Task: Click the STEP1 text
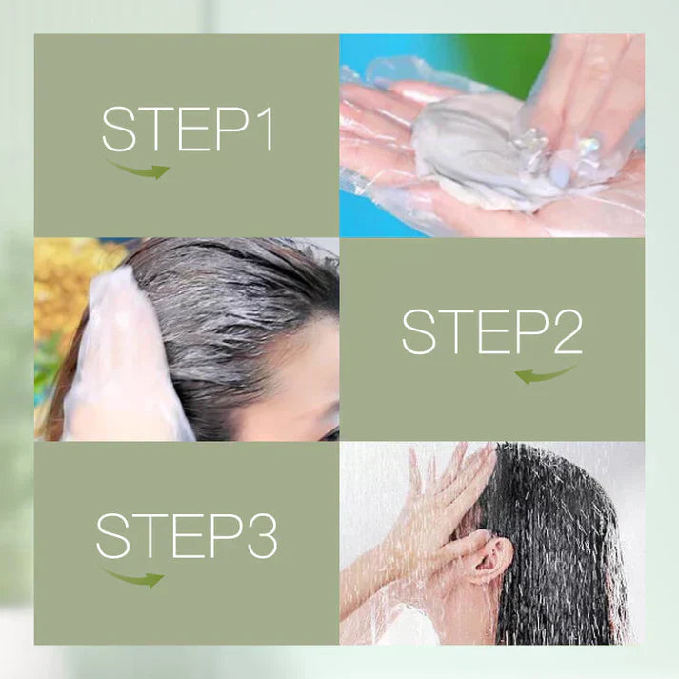tap(188, 130)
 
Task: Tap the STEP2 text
tap(492, 332)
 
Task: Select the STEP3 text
tap(187, 535)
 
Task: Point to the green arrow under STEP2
tap(546, 375)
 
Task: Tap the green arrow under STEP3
tap(133, 578)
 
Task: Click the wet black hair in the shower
tap(559, 541)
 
